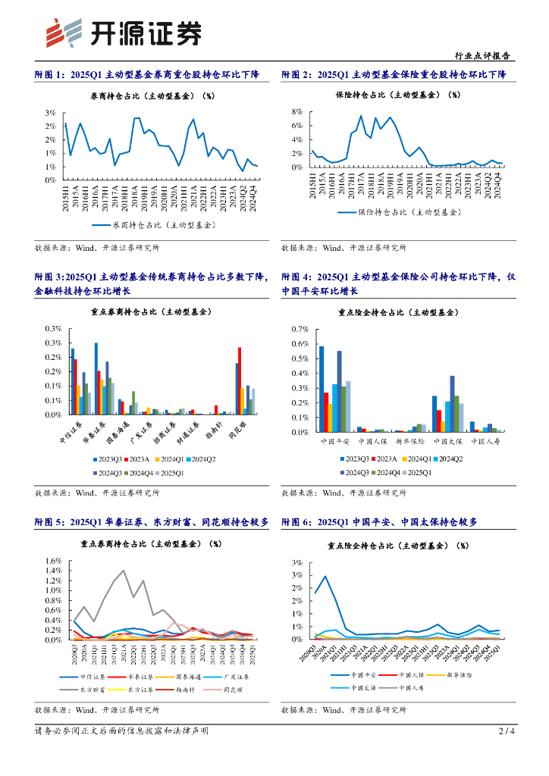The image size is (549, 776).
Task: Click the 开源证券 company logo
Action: point(124,33)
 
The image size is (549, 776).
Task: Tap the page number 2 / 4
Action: point(507,731)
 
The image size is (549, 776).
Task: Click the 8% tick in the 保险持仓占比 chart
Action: point(298,111)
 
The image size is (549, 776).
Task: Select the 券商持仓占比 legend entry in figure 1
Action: point(153,225)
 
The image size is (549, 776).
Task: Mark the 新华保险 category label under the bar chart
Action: point(407,440)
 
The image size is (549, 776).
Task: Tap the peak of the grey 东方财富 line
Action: point(124,571)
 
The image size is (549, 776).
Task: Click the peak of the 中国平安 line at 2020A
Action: point(325,576)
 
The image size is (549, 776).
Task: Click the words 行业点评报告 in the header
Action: point(485,56)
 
